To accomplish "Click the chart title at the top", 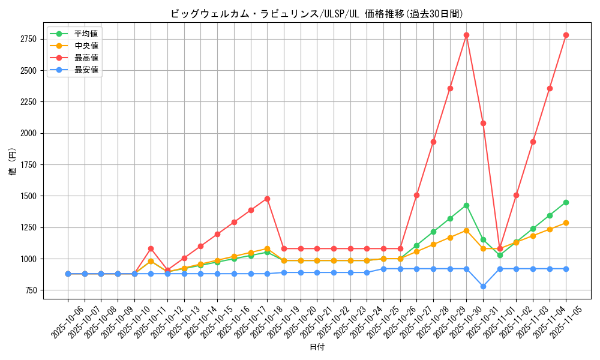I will (317, 14).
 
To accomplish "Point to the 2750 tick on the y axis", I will (28, 40).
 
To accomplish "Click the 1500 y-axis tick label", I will (28, 196).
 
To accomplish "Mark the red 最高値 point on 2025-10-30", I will (466, 35).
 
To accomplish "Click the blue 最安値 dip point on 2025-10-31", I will (483, 286).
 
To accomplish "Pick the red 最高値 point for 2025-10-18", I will (267, 199).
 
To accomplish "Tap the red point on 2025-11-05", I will (566, 35).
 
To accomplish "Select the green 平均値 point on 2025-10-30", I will (466, 205).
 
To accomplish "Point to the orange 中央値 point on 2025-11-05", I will (566, 223).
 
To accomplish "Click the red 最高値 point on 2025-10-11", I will (151, 248).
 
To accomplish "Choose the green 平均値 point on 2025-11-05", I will (566, 202).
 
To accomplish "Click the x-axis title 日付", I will (317, 347).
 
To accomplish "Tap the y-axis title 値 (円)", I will (13, 163).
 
